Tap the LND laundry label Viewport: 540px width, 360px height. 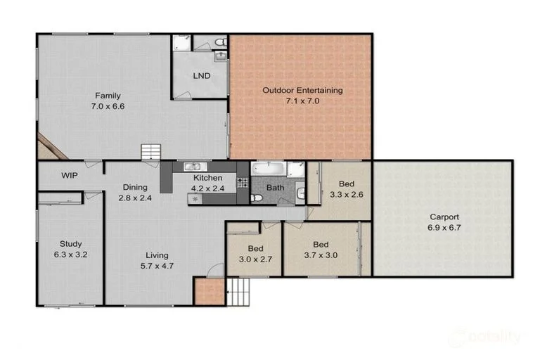[200, 76]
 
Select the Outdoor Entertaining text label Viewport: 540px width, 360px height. [302, 90]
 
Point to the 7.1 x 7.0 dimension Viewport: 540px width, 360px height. [302, 101]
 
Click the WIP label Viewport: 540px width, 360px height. [69, 175]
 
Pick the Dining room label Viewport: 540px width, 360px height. [135, 187]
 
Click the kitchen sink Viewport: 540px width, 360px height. [193, 167]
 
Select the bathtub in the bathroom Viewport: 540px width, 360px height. [269, 169]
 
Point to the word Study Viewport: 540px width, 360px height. [70, 244]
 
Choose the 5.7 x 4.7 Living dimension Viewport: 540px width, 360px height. [157, 266]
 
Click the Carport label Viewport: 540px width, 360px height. [444, 217]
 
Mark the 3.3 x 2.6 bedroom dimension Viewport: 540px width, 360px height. [346, 195]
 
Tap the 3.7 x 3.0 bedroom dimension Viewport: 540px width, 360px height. [321, 255]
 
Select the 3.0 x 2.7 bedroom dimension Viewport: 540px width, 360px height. [255, 259]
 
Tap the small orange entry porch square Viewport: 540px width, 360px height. [206, 291]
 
